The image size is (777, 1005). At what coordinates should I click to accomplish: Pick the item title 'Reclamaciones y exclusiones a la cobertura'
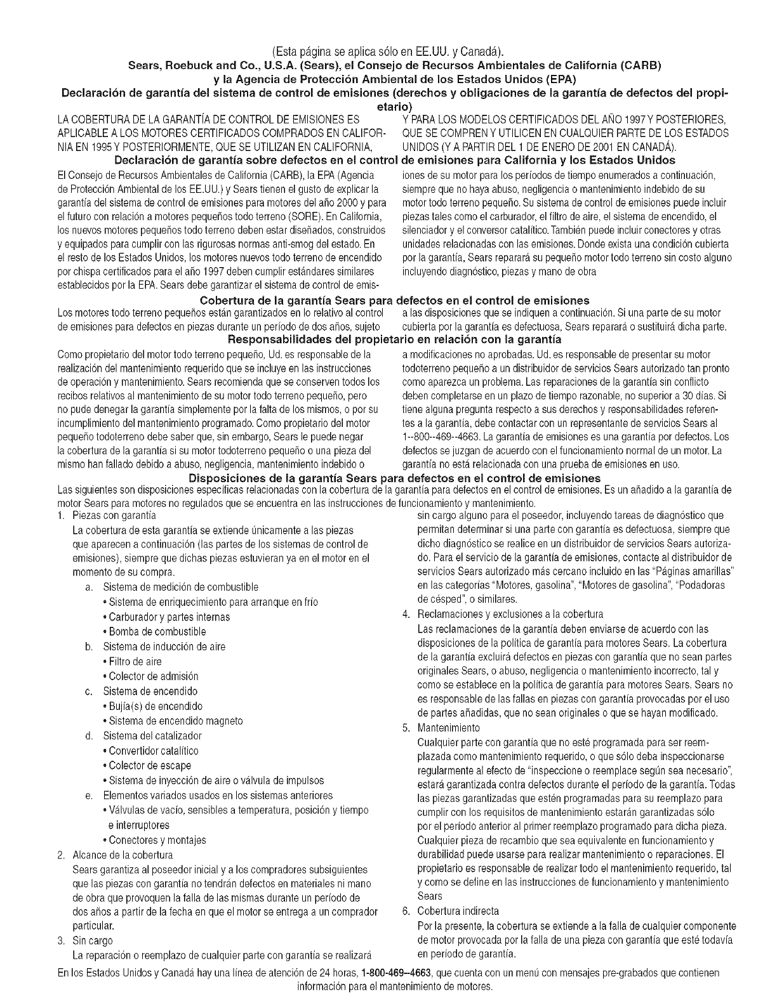coord(510,614)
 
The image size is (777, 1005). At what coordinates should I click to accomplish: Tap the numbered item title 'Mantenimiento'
coord(448,728)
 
